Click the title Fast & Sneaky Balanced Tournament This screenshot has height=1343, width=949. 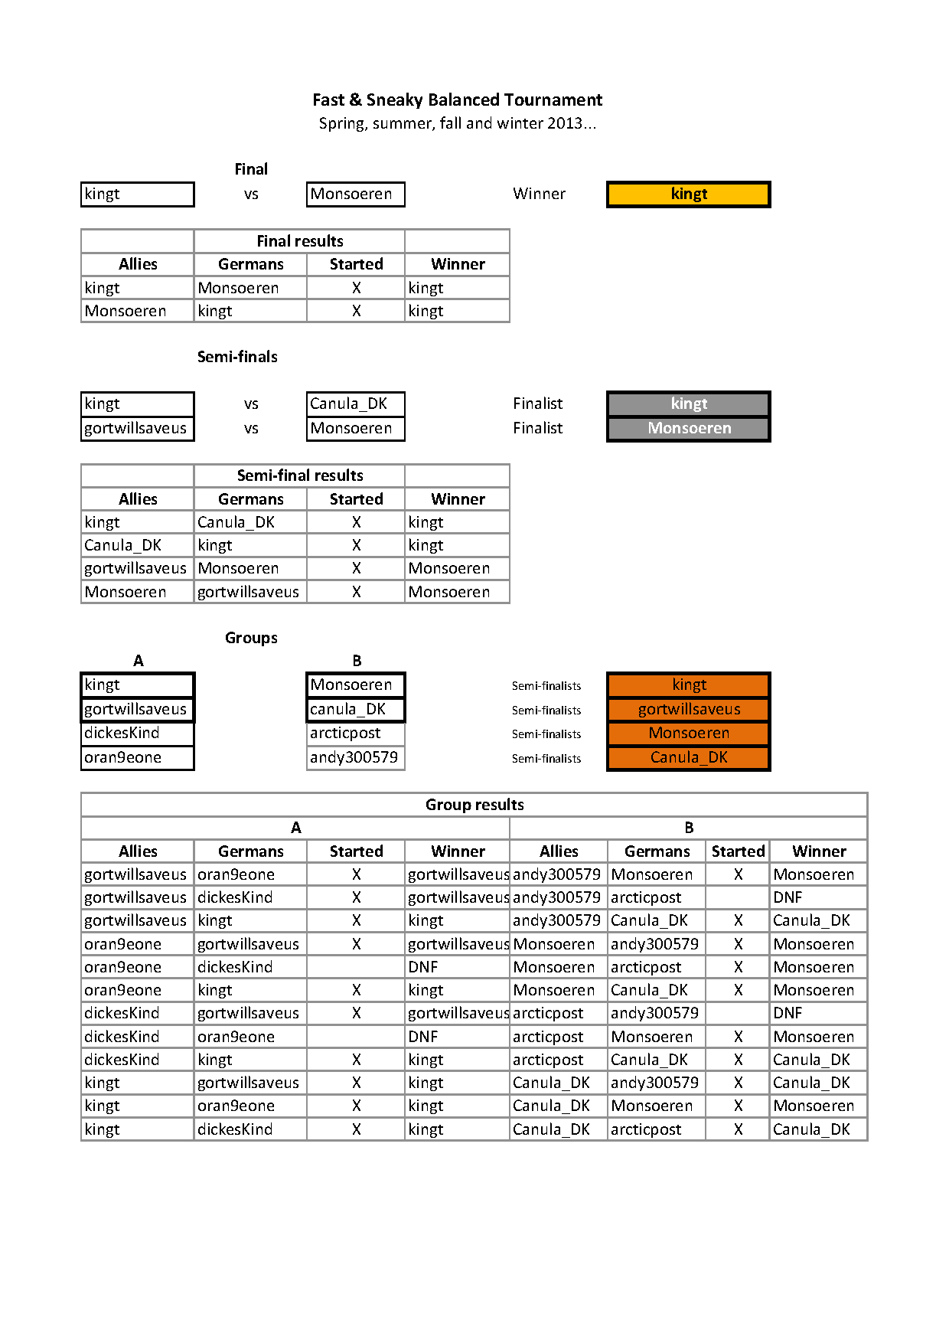[457, 100]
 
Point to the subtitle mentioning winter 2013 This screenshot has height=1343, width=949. [457, 123]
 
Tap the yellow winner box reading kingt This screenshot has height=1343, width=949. [689, 194]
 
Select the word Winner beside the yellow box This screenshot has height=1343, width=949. [539, 194]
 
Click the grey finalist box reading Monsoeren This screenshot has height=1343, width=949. [689, 428]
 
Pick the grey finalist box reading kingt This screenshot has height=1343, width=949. [689, 404]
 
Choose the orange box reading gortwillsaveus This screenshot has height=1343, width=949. [689, 709]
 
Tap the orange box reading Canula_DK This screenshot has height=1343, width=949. [689, 757]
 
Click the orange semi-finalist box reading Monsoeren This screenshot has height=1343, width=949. [689, 733]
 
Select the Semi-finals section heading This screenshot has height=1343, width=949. [237, 357]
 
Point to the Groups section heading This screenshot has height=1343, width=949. [251, 638]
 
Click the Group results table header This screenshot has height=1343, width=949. [475, 805]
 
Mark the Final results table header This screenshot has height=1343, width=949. [300, 241]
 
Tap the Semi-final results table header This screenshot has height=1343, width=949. [300, 475]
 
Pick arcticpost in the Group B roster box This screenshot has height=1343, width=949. [346, 733]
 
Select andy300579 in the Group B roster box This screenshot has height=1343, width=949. [354, 757]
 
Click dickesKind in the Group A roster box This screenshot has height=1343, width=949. [122, 733]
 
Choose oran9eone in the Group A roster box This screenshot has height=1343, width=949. [123, 757]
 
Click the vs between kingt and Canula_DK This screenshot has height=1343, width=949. [251, 404]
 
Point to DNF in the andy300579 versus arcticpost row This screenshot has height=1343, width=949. [788, 897]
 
